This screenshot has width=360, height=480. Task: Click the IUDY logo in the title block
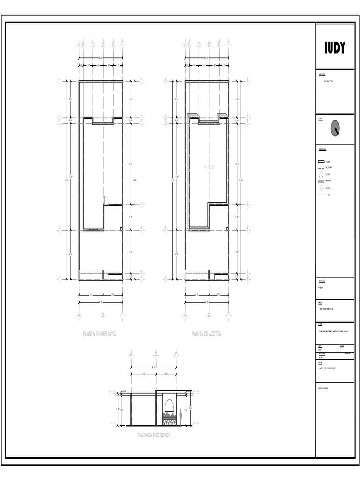tap(335, 48)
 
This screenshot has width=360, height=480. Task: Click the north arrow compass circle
tap(335, 128)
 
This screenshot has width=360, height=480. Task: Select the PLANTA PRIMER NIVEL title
tap(99, 334)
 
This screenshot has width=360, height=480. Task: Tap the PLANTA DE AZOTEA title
tap(206, 334)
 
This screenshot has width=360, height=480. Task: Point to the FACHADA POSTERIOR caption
tap(154, 435)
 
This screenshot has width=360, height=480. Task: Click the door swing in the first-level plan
tap(106, 201)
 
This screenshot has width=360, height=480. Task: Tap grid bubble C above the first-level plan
tap(93, 45)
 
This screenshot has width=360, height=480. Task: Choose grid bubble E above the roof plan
tap(219, 45)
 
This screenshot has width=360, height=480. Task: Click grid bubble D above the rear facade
tap(156, 353)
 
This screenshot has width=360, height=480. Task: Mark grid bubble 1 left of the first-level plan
tap(59, 82)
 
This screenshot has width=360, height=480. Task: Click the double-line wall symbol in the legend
tap(322, 161)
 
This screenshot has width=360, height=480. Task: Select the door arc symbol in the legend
tap(322, 174)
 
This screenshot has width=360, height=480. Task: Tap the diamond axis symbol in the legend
tap(322, 188)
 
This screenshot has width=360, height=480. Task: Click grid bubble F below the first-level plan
tap(122, 315)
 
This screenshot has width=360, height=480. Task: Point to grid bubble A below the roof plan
tap(185, 315)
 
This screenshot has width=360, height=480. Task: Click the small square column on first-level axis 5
tap(121, 229)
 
